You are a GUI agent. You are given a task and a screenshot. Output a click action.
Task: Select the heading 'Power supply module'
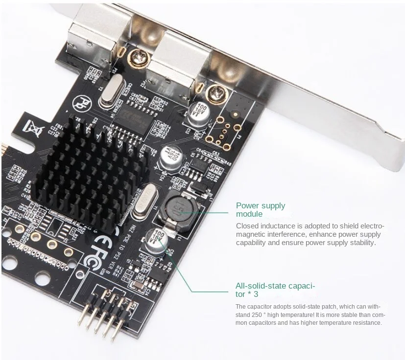[x=260, y=210]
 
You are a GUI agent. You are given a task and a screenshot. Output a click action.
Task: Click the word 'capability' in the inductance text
[x=251, y=243]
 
